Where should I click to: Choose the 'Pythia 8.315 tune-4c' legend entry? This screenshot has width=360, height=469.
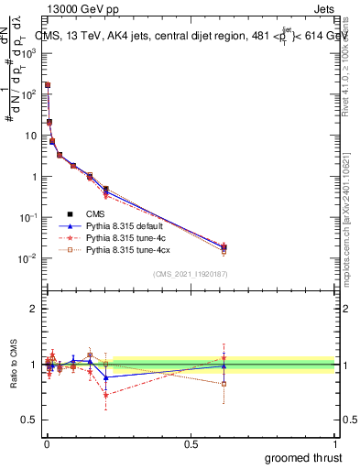pos(127,237)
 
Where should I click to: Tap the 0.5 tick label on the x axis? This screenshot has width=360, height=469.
pos(191,444)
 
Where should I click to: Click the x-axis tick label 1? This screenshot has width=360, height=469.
pos(335,444)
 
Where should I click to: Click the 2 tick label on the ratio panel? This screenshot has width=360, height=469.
pos(34,309)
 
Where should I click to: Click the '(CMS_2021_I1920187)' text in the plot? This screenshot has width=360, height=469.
pos(190,273)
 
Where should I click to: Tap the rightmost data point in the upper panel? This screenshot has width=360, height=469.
pos(224,247)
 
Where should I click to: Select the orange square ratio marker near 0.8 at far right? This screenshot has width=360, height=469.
pos(224,384)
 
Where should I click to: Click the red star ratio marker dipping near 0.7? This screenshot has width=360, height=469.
pos(106,396)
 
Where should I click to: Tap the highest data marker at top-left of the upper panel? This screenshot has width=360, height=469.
pos(47,85)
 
